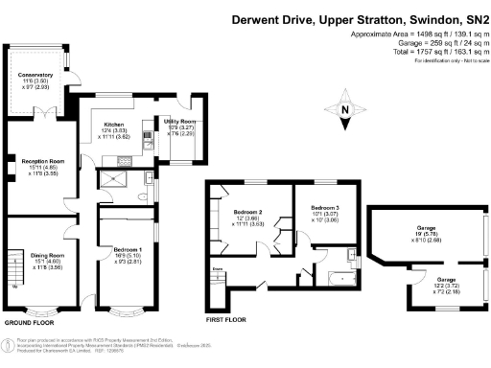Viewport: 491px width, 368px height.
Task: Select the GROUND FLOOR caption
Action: (x=30, y=322)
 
